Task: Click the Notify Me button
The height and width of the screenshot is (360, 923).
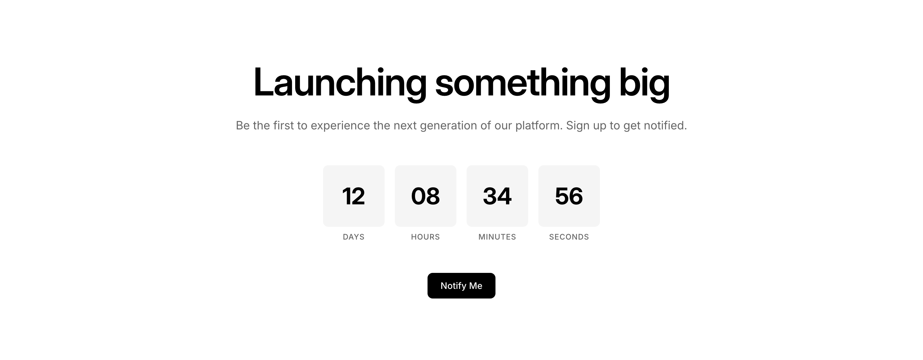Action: click(x=461, y=285)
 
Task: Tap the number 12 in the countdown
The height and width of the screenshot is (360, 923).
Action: click(x=353, y=196)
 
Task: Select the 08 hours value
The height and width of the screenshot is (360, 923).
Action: click(x=425, y=196)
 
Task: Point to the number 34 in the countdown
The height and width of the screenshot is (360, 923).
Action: click(x=497, y=196)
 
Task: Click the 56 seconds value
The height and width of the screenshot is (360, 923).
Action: click(x=569, y=196)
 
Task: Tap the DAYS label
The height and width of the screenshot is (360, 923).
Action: click(x=353, y=237)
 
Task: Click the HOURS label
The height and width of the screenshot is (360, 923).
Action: click(x=425, y=237)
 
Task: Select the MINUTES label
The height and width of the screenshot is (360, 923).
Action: click(x=497, y=237)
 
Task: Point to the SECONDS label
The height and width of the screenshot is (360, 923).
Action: click(x=569, y=237)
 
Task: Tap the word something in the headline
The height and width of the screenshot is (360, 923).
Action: click(x=523, y=82)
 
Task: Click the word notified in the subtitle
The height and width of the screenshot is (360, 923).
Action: click(x=665, y=125)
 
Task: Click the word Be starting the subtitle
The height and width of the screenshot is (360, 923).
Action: click(x=243, y=125)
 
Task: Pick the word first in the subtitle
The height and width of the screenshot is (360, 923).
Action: click(x=283, y=125)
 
